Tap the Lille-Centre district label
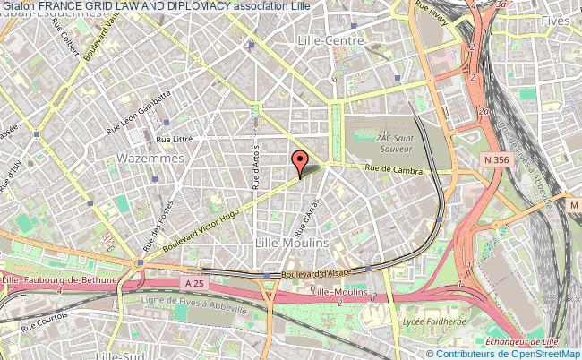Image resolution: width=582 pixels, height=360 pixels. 331,40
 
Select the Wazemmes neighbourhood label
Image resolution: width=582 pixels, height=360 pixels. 150,158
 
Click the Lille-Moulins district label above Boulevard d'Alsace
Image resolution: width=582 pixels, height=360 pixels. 292,243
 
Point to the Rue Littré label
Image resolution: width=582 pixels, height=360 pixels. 175,139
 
